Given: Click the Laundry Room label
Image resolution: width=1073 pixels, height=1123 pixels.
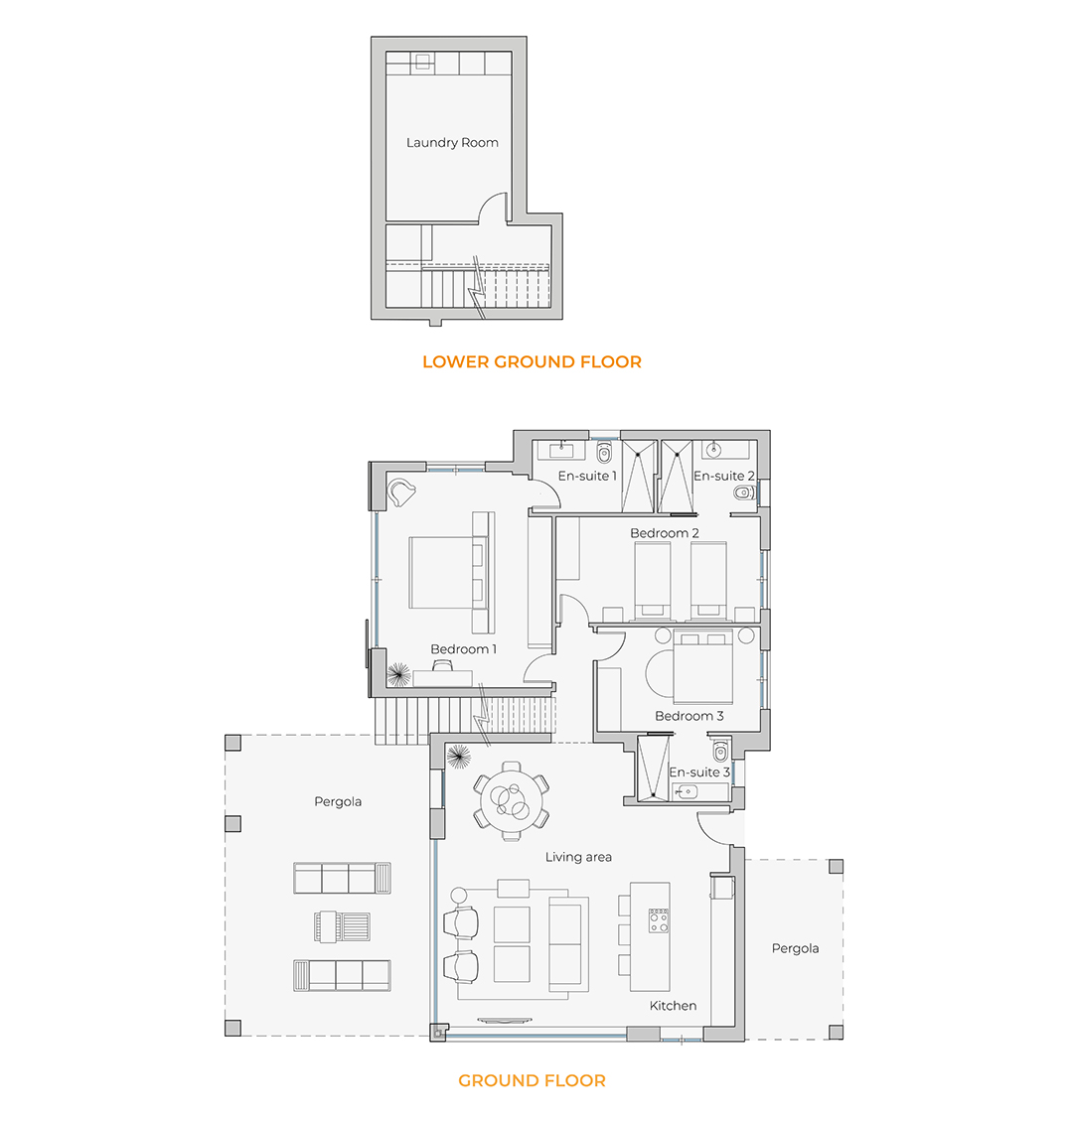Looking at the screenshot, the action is coord(452,143).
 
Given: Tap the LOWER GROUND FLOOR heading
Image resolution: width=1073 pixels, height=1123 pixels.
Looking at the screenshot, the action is coord(532,361).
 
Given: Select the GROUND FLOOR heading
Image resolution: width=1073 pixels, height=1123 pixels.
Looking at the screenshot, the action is coord(532,1080).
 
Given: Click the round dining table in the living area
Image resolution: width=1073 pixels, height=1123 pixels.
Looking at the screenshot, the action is coord(511,799).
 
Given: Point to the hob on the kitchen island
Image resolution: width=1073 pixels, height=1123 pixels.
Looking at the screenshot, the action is coord(659,920).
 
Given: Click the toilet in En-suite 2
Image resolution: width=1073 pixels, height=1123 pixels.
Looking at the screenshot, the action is coord(745,492).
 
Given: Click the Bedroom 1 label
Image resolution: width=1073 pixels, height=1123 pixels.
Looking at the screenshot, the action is coord(463,648).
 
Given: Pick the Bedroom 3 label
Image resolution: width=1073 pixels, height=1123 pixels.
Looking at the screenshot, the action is coord(690,716).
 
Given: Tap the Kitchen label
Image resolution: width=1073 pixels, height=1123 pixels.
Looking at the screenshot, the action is coord(673,1006).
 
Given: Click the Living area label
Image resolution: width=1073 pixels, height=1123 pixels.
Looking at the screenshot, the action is coord(578,857).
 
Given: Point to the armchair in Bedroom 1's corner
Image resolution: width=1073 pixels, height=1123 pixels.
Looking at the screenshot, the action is coord(400,492).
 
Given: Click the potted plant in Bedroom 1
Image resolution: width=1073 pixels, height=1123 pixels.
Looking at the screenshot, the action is coord(398,674).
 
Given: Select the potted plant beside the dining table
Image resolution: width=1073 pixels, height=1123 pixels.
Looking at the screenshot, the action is coord(458,757).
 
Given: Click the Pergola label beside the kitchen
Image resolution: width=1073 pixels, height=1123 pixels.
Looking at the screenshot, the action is coord(795,948).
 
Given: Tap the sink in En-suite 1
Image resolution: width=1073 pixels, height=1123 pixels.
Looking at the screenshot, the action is coord(560,450).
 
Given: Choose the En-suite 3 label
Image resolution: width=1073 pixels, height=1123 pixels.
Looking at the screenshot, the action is coord(699,772).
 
